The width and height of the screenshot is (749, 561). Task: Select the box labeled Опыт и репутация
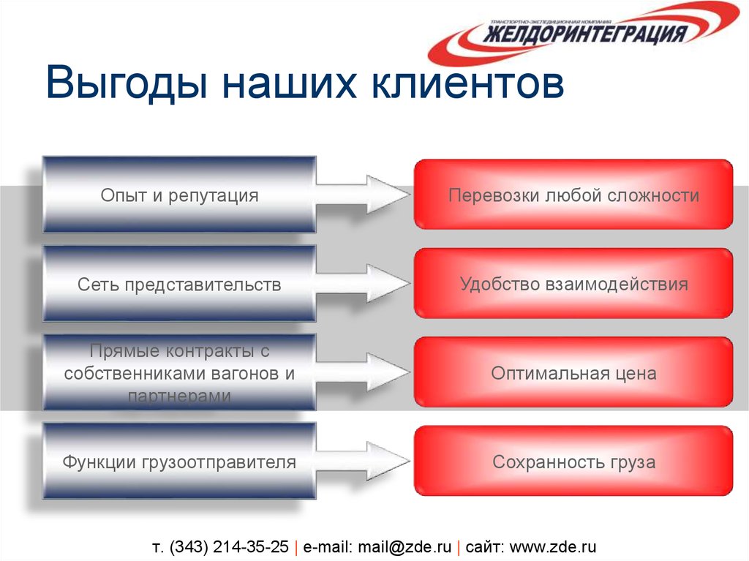[x=179, y=195]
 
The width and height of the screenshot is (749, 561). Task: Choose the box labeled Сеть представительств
[x=179, y=285]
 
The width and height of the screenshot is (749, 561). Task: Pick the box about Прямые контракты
[x=179, y=373]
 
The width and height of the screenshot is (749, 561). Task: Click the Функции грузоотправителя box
[x=179, y=462]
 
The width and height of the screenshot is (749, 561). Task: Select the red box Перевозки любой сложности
[x=573, y=195]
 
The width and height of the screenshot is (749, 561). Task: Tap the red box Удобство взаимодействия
[x=573, y=284]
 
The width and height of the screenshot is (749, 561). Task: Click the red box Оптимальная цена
[x=573, y=373]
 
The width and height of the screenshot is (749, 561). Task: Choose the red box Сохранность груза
[x=573, y=462]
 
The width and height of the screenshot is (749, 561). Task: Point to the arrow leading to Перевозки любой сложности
[x=366, y=195]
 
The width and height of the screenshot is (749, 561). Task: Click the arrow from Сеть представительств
[x=366, y=284]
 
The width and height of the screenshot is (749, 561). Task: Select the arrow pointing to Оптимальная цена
[x=366, y=373]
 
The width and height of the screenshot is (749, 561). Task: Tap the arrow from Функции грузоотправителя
[x=366, y=462]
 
